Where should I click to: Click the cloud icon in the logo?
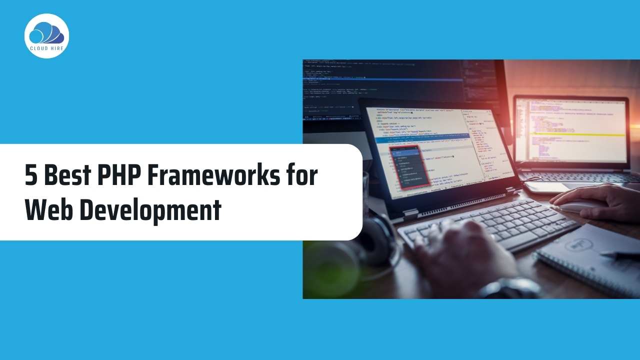pyautogui.click(x=46, y=33)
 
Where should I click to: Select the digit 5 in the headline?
pyautogui.click(x=30, y=176)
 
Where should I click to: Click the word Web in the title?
pyautogui.click(x=48, y=210)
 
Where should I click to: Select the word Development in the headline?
pyautogui.click(x=150, y=210)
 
